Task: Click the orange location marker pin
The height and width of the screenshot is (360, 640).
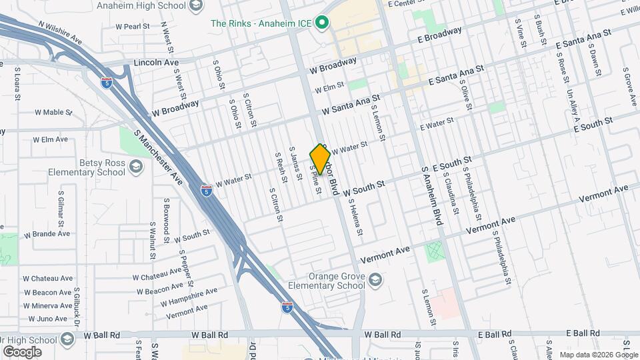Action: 320,159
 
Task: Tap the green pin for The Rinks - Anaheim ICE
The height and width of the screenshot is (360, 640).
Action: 323,23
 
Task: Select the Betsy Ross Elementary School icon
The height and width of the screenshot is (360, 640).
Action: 136,166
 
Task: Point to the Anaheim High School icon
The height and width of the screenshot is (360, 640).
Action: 196,6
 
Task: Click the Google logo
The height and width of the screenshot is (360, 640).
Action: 21,351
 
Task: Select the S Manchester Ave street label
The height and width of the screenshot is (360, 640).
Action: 159,158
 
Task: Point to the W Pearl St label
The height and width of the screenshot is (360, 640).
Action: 132,27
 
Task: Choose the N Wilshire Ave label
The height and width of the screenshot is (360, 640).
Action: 60,33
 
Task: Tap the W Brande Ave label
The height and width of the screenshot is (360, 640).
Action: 47,234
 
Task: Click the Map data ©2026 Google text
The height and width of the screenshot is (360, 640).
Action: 598,355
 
